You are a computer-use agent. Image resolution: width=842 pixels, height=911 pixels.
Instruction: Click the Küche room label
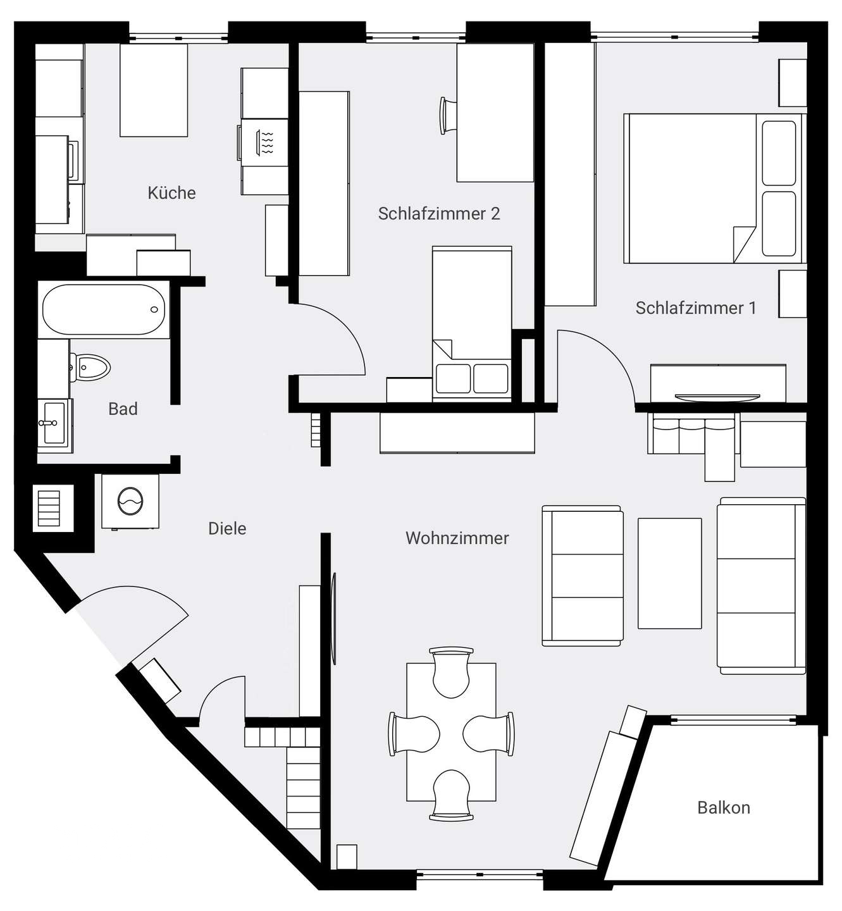pyautogui.click(x=171, y=193)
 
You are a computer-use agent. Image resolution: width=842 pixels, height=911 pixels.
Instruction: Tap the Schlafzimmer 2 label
pyautogui.click(x=438, y=213)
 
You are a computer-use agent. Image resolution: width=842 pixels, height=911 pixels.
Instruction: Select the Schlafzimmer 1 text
pyautogui.click(x=696, y=308)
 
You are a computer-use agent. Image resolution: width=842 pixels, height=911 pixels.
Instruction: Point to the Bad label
pyautogui.click(x=123, y=409)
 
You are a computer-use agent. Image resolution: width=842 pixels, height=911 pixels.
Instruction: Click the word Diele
pyautogui.click(x=227, y=528)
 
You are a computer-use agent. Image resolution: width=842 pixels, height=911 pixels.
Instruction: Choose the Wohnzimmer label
pyautogui.click(x=457, y=538)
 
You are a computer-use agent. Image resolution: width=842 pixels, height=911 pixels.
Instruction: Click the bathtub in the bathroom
pyautogui.click(x=104, y=309)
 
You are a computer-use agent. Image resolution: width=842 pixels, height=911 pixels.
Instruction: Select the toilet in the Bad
pyautogui.click(x=90, y=368)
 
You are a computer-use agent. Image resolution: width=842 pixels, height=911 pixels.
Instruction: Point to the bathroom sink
pyautogui.click(x=54, y=423)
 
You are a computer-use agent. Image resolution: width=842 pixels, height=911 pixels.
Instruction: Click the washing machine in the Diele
pyautogui.click(x=130, y=501)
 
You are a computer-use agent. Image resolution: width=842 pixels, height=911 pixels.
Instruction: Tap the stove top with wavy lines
pyautogui.click(x=263, y=142)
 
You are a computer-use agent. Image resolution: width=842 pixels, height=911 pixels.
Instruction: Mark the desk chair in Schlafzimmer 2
pyautogui.click(x=447, y=116)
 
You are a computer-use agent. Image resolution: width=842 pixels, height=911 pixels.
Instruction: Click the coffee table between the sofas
pyautogui.click(x=669, y=573)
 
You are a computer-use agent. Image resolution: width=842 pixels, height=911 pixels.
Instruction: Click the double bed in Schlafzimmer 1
pyautogui.click(x=714, y=189)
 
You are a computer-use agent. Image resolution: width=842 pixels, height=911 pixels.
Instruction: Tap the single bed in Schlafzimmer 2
pyautogui.click(x=472, y=324)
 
